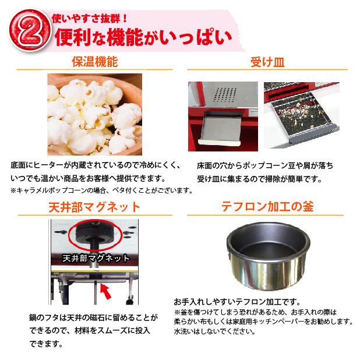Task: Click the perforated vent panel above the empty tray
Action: pos(226,94)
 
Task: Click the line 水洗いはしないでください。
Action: pos(214,331)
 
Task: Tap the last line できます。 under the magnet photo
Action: pos(46,344)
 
